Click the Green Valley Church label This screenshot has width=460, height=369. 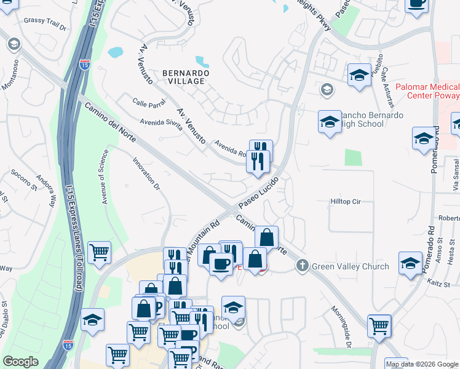350,266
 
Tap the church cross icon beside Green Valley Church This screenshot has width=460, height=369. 301,266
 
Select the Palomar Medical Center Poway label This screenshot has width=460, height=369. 427,92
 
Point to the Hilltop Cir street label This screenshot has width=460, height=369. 344,201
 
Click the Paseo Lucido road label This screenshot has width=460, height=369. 258,193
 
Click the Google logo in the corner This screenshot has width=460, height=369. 20,362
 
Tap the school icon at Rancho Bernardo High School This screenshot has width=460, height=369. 330,121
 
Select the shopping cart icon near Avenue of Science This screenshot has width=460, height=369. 99,252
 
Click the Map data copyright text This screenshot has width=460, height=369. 421,364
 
